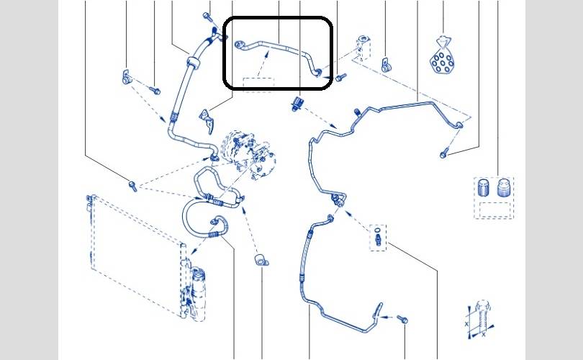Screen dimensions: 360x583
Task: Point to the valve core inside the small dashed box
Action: coord(379,237)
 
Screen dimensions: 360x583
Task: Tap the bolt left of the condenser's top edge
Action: coord(132,186)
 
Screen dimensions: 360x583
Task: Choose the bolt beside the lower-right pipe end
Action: coord(401,318)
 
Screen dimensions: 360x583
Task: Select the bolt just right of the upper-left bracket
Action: coord(154,89)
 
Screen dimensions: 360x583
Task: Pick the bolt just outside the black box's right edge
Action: coord(340,76)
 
